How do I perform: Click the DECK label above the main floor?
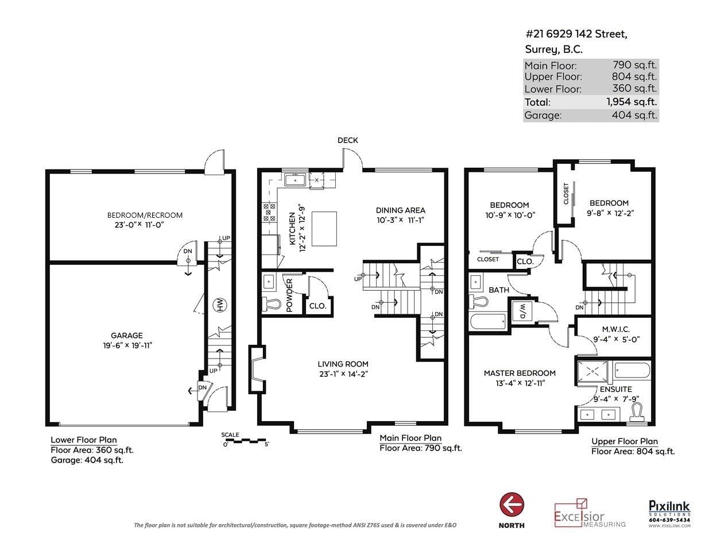[347, 140]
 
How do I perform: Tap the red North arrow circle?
[511, 506]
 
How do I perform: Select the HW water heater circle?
[220, 305]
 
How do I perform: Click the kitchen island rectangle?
[324, 229]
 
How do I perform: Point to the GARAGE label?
[127, 336]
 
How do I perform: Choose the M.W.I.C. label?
[616, 329]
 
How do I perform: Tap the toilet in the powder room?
[271, 304]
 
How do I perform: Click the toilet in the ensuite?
[638, 412]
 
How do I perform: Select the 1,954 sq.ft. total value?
[631, 102]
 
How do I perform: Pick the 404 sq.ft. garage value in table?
[634, 115]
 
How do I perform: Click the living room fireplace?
[257, 369]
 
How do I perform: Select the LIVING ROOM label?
[343, 364]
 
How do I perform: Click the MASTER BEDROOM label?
[520, 373]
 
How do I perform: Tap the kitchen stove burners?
[269, 213]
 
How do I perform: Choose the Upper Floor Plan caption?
[625, 441]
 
